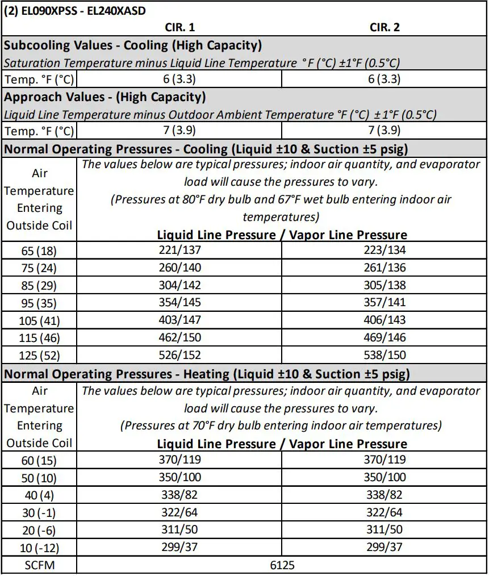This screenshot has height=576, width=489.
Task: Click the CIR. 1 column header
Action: pos(179,28)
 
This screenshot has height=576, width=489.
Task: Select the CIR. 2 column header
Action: pos(386,28)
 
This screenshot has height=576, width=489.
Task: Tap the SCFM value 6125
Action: pos(282,565)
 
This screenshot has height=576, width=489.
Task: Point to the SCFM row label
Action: pos(39,565)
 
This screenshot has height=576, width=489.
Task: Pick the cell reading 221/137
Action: pos(179,249)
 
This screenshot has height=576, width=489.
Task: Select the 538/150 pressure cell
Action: pos(385,356)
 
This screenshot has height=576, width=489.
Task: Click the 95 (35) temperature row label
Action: pos(39,303)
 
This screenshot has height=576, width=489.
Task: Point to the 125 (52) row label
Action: pos(39,356)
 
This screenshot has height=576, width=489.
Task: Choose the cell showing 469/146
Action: pos(385,338)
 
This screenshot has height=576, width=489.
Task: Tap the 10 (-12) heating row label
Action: pos(39,548)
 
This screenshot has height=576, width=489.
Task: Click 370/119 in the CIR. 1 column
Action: pos(179,460)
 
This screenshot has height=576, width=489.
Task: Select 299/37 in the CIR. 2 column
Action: pos(385,548)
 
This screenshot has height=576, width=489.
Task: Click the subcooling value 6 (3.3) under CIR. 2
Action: pos(385,79)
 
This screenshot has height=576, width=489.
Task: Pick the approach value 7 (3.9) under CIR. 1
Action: pos(179,131)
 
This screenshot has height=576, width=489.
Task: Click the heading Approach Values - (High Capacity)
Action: pos(105,97)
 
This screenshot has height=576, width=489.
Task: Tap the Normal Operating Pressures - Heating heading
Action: pos(207,374)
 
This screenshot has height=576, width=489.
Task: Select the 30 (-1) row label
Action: pos(39,512)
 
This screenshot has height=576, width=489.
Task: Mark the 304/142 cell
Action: pos(179,285)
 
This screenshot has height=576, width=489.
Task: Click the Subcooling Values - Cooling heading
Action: pos(133,45)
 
